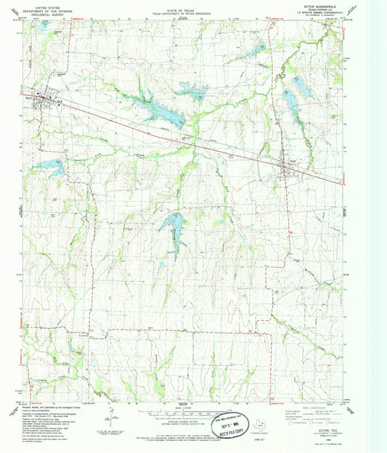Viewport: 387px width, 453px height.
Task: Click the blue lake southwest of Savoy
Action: coord(52,166)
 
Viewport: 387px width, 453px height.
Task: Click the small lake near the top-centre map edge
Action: coord(257,49)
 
